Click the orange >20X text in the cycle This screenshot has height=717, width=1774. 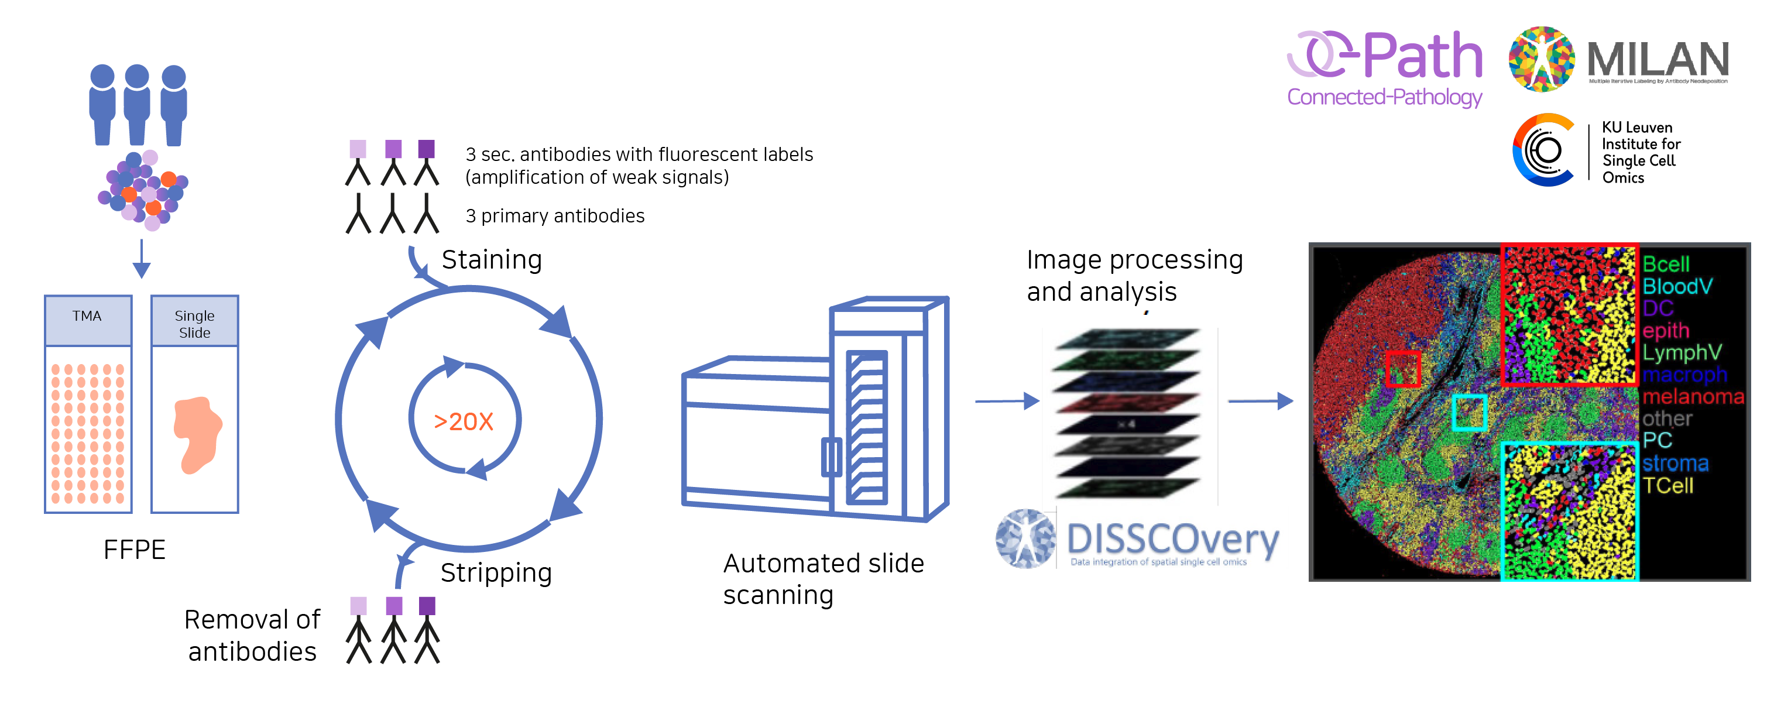point(464,421)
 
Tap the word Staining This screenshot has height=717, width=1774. point(492,260)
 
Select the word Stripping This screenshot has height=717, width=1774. point(496,572)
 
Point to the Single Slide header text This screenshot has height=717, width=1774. point(194,324)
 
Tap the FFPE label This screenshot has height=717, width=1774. point(134,550)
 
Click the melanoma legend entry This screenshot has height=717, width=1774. point(1693,397)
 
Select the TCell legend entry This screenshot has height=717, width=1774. point(1667,486)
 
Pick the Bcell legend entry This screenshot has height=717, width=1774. point(1665,264)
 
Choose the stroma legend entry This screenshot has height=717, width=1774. point(1675,464)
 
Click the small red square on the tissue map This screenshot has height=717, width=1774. point(1403,369)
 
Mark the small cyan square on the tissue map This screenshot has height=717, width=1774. point(1469,412)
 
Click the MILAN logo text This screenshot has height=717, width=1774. point(1657,59)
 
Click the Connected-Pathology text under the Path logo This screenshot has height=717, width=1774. point(1384,97)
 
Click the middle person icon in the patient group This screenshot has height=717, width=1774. point(137,104)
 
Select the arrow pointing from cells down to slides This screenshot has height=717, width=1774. point(141,260)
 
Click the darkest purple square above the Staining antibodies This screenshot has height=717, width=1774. point(426,149)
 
